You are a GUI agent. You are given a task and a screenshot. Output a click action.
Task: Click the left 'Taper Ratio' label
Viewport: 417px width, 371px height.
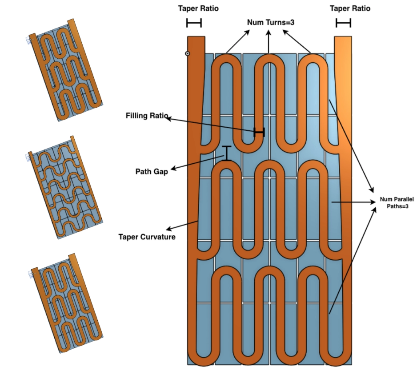[198, 8]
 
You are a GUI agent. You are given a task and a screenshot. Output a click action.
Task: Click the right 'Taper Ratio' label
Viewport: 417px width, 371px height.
[350, 8]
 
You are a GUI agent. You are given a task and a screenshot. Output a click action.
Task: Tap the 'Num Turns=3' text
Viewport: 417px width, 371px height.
[271, 22]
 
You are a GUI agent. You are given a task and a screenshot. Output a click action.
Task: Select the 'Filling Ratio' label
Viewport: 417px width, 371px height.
[147, 116]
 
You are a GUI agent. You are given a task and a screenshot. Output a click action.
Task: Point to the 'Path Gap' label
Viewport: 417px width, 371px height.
[152, 172]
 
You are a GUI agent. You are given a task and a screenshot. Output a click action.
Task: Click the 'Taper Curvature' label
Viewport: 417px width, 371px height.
[147, 237]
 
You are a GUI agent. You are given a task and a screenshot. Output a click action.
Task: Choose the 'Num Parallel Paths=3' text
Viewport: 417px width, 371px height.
[397, 202]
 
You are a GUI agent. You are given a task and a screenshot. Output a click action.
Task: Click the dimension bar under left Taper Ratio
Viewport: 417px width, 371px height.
[194, 23]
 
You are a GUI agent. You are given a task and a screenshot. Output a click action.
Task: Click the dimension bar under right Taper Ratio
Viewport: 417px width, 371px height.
[343, 23]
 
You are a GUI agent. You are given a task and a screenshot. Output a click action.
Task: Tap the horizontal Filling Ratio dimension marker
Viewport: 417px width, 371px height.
[259, 132]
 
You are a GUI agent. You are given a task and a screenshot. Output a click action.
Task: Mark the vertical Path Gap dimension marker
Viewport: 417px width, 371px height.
[227, 153]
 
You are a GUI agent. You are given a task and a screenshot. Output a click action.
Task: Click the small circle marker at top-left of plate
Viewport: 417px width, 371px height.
[188, 53]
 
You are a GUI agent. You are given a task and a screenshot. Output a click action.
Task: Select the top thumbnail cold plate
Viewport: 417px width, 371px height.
[66, 70]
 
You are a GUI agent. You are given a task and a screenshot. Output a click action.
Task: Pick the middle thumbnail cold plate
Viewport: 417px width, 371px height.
[65, 187]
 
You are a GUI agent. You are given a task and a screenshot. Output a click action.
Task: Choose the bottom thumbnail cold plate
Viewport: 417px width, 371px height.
[66, 303]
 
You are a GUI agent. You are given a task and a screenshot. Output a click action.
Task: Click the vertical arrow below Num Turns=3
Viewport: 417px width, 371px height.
[269, 41]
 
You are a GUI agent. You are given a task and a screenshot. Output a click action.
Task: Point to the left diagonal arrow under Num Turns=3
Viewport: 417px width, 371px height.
[238, 41]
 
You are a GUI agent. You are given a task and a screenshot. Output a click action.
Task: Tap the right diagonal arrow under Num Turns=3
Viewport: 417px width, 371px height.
[297, 41]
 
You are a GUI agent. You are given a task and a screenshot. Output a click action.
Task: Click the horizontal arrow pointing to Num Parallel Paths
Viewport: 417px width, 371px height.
[354, 202]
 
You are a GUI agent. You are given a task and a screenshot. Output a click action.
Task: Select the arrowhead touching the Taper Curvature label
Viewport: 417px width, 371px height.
[168, 229]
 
